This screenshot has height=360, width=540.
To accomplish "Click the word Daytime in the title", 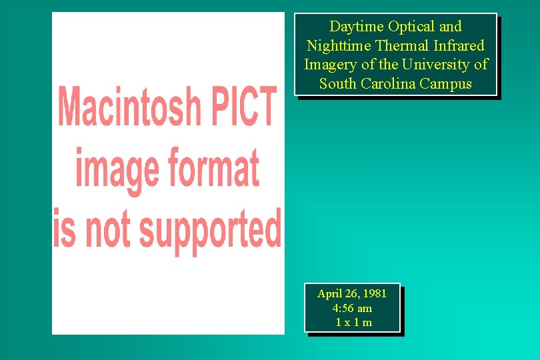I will pos(357,27).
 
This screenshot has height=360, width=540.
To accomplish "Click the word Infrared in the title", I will pos(458,46).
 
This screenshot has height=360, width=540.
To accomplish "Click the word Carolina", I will pos(388,84).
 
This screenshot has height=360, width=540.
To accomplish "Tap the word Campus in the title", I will pos(446,84).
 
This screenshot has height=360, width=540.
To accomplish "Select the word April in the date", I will pos(329,294).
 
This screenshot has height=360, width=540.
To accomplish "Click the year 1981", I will pos(373,294).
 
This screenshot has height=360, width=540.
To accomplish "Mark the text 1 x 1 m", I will pos(353,323).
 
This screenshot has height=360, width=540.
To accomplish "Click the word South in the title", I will pos(338,84).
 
